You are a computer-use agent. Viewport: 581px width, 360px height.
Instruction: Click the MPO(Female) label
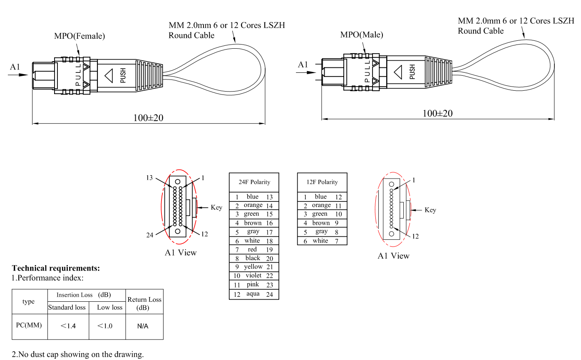pos(79,36)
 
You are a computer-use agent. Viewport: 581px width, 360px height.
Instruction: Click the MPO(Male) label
pos(361,35)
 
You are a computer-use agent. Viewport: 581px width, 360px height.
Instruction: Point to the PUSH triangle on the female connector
pos(109,76)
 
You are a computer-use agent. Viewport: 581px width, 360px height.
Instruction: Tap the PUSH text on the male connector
pos(412,72)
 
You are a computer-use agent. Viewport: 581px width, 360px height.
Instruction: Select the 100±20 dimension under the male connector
pos(437,113)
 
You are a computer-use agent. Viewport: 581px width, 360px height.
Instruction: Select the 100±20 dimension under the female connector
pos(148,118)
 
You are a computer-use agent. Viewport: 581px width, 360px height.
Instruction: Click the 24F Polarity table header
pos(254,182)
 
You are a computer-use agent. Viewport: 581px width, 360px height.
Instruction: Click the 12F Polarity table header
pos(322,182)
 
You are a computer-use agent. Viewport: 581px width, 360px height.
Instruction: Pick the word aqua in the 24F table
pos(253,294)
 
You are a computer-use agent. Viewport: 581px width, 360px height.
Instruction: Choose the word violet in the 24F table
pos(253,276)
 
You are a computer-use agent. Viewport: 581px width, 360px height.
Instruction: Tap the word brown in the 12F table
pos(321,223)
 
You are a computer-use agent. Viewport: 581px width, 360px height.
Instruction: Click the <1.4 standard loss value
pos(68,326)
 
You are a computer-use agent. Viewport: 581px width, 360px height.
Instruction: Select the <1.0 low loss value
pos(105,326)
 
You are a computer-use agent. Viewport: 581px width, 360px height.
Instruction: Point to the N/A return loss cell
pos(143,326)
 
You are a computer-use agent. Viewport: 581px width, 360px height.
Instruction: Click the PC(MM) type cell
pos(29,325)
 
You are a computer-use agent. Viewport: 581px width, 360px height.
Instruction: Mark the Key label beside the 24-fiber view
pos(216,207)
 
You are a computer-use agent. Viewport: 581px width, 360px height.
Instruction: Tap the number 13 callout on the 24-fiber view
pos(150,178)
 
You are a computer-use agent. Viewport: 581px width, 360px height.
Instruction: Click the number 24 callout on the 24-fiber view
pos(150,235)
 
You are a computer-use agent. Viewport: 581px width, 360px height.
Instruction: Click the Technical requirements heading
pos(56,268)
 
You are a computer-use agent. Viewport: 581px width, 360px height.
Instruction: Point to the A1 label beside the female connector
pos(15,67)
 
